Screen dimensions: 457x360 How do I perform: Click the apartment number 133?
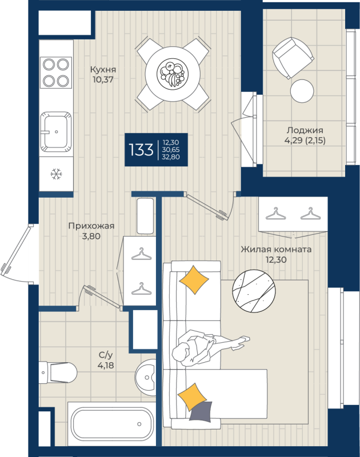coord(141,150)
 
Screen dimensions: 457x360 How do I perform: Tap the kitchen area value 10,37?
coord(103,80)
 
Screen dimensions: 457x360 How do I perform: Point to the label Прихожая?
coord(91,226)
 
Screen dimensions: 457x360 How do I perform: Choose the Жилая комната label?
coord(276,250)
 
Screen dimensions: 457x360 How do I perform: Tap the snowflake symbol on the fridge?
coord(56,174)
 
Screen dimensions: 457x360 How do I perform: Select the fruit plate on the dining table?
coord(173,73)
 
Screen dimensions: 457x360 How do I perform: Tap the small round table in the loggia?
coord(302,90)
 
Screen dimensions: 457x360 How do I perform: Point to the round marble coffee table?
coord(255,291)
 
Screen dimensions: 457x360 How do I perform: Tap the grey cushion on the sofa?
coord(201,411)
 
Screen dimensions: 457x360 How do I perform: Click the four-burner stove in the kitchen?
coord(55,72)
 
